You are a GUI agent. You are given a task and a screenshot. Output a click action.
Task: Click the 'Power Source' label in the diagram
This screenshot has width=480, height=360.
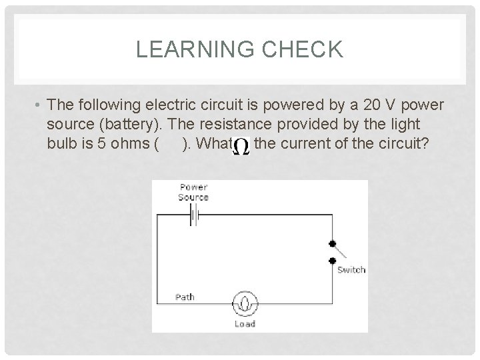[x=193, y=192]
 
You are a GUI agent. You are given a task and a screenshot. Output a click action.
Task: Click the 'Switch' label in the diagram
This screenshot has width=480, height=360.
[x=351, y=269]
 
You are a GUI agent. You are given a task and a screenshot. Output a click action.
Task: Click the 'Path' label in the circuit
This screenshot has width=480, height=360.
[x=185, y=297]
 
